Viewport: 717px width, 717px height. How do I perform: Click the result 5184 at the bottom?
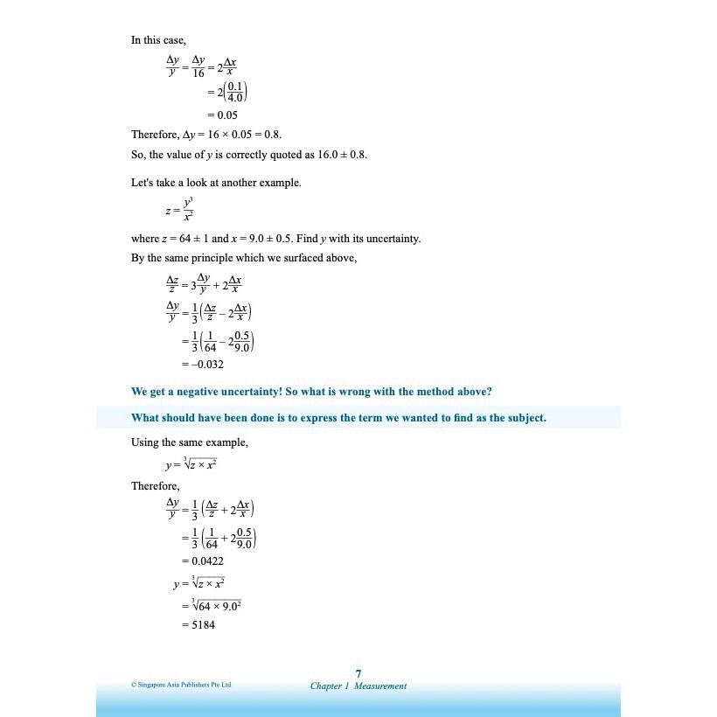click(x=204, y=625)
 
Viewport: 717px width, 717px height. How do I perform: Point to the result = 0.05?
click(x=222, y=115)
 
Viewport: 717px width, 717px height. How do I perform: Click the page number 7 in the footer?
click(x=358, y=673)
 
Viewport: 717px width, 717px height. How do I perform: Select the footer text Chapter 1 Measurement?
click(x=358, y=686)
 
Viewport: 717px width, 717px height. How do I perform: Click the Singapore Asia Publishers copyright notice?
click(x=182, y=685)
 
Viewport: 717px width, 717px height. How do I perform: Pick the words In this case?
click(x=157, y=40)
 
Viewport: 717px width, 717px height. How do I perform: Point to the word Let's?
click(x=143, y=183)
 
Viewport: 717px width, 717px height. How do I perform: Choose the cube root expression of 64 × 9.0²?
click(x=219, y=603)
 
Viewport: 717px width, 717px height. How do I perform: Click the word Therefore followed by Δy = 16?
click(x=155, y=135)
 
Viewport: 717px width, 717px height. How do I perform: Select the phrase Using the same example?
click(x=189, y=442)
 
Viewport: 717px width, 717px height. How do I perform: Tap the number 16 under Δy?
click(x=198, y=73)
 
